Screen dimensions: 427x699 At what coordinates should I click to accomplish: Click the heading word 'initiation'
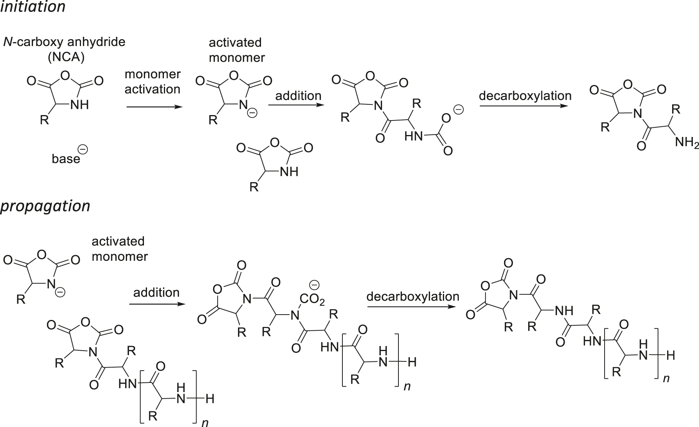[x=33, y=7]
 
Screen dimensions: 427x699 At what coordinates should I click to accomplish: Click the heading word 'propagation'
[x=45, y=206]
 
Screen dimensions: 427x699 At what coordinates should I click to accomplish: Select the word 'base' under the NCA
[x=66, y=158]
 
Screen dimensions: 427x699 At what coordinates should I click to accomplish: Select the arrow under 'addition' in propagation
[x=155, y=304]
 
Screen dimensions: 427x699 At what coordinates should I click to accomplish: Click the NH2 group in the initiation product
[x=687, y=143]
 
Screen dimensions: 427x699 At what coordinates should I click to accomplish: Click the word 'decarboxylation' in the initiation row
[x=525, y=96]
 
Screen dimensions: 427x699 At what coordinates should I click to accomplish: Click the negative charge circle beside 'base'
[x=83, y=150]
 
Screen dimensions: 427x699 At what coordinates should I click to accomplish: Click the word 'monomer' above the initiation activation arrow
[x=152, y=74]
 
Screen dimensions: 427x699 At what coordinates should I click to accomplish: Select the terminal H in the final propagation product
[x=671, y=356]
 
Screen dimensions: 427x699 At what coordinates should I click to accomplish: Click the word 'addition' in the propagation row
[x=156, y=292]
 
